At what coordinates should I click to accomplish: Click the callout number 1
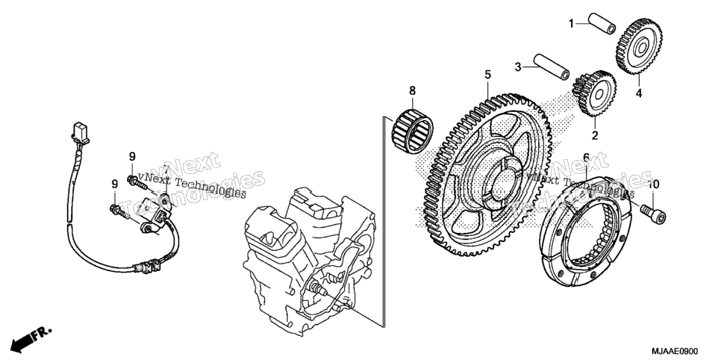(x=571, y=23)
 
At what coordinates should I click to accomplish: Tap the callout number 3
(x=518, y=67)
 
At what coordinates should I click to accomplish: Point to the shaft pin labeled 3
(x=551, y=66)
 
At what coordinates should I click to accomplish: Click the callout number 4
(x=639, y=93)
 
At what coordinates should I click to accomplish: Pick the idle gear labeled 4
(x=639, y=46)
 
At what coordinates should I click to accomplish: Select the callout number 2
(x=595, y=135)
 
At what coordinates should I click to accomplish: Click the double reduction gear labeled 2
(x=595, y=93)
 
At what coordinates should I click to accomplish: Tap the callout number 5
(x=487, y=75)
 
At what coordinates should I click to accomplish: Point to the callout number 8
(x=412, y=90)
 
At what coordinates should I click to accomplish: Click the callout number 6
(x=586, y=158)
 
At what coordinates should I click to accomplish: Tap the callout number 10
(x=653, y=184)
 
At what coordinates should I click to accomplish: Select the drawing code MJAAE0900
(x=680, y=350)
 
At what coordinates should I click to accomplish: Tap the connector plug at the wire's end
(x=81, y=131)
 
